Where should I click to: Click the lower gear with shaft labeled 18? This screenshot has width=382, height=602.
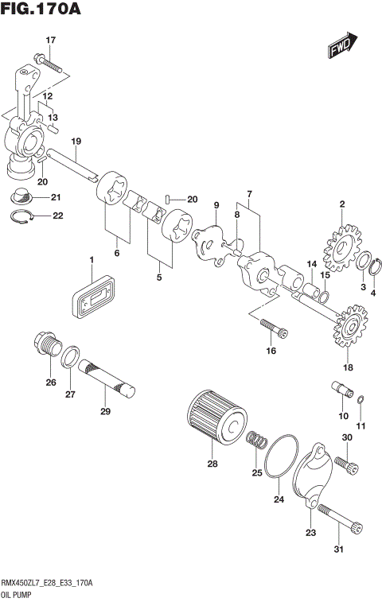tap(347, 329)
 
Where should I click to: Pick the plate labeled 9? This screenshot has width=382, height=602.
tap(210, 242)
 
